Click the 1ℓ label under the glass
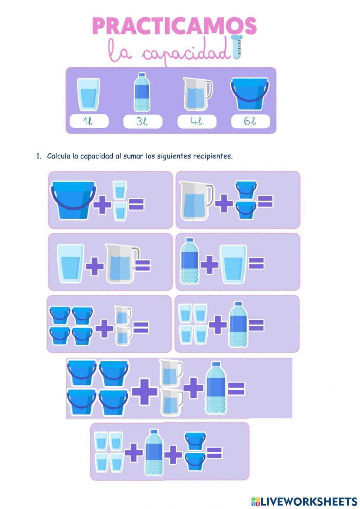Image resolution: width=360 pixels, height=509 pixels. (x=88, y=121)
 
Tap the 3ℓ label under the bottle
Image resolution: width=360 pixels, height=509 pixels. (x=142, y=121)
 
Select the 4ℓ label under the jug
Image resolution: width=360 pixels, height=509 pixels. (x=197, y=121)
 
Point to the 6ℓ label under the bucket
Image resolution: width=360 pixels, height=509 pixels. (x=250, y=121)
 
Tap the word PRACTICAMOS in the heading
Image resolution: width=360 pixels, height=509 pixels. (x=175, y=26)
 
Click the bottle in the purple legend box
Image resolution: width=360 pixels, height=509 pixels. (x=142, y=92)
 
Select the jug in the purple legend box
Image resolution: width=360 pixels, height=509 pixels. (x=197, y=94)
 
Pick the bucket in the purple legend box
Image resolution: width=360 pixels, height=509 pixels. (x=249, y=94)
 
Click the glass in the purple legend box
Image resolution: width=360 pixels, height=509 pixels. (x=88, y=95)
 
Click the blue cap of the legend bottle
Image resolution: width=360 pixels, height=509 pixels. (x=142, y=75)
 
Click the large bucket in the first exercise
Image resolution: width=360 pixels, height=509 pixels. (x=73, y=200)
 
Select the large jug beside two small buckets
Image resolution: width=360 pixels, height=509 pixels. (x=197, y=201)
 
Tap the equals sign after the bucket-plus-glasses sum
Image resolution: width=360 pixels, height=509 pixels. (x=136, y=204)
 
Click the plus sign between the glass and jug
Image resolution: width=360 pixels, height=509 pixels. (x=95, y=266)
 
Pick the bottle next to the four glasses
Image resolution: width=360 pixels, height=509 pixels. (x=238, y=324)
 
